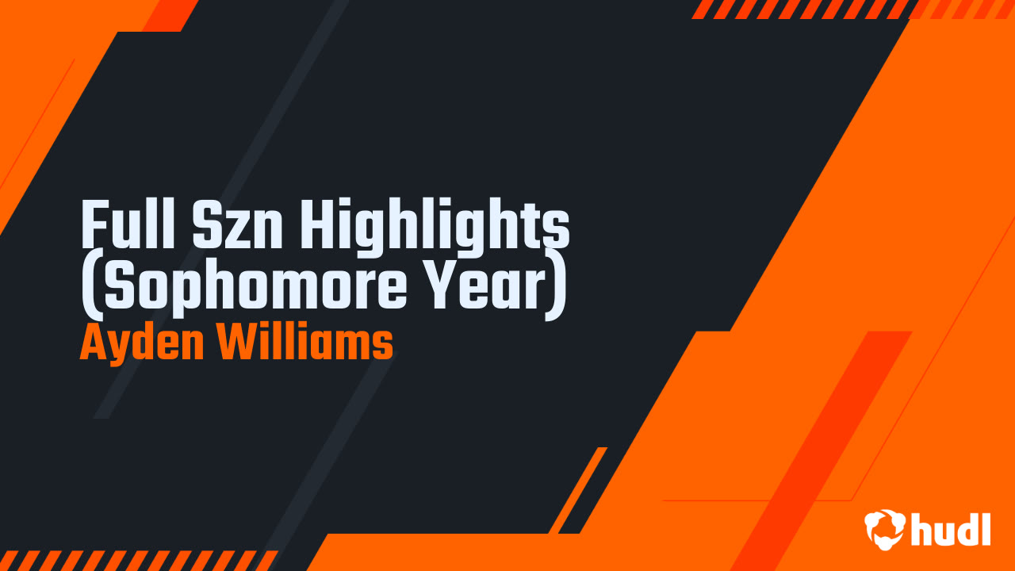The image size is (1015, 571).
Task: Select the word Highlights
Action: coord(435,226)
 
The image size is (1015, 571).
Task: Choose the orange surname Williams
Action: coord(306,343)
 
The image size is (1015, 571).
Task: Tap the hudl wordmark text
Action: coord(951,529)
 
